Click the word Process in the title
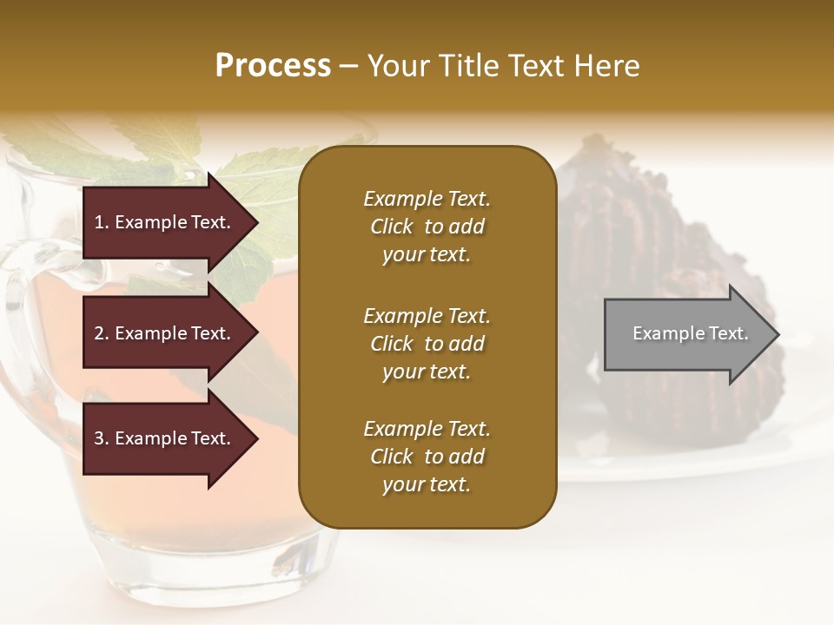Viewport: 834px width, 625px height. click(273, 66)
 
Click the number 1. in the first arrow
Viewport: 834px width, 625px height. click(102, 222)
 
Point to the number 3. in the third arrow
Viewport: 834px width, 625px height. click(102, 438)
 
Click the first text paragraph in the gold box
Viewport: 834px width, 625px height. click(427, 227)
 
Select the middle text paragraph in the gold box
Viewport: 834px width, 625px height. click(427, 344)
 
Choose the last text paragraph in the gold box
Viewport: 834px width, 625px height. click(427, 457)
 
